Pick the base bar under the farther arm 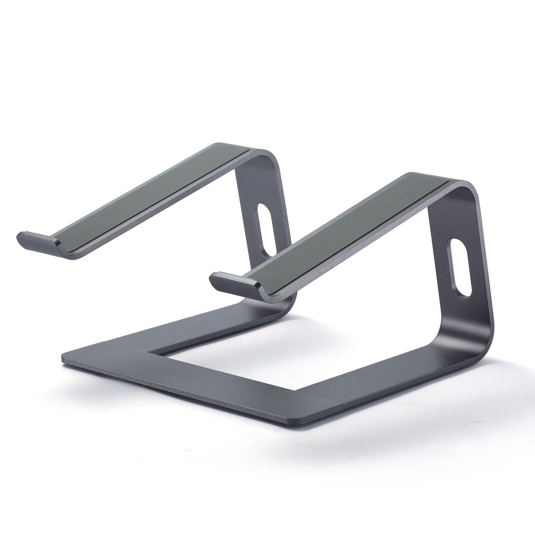click(195, 329)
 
